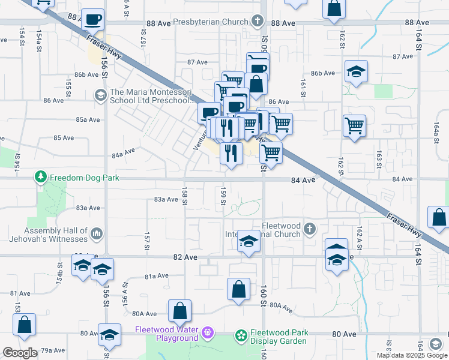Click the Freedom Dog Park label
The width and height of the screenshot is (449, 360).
click(x=85, y=178)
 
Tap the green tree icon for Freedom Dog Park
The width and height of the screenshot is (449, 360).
click(x=41, y=178)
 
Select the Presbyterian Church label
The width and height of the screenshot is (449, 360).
click(x=211, y=22)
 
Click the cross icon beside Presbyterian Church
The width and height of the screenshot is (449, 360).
click(x=258, y=22)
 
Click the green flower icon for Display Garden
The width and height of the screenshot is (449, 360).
click(x=241, y=334)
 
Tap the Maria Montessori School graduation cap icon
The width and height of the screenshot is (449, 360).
click(x=100, y=94)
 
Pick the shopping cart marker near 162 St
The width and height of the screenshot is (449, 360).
click(x=355, y=126)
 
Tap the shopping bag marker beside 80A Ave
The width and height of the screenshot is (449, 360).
click(x=179, y=311)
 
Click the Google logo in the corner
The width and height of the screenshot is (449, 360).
click(x=20, y=353)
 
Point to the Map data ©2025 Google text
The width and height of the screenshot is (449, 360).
click(x=411, y=355)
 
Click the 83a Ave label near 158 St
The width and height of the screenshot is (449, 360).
click(x=166, y=199)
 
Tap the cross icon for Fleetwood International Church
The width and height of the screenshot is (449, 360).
click(x=309, y=229)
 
